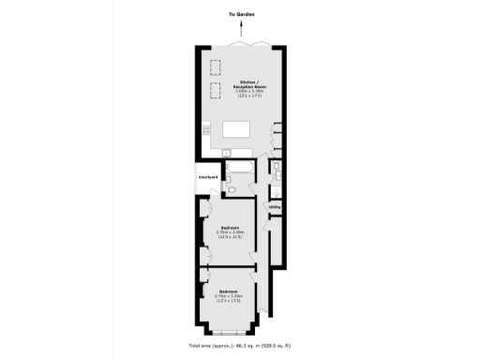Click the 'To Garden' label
pos(241,15)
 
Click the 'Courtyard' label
pos(208,176)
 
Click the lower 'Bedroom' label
pos(228,291)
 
